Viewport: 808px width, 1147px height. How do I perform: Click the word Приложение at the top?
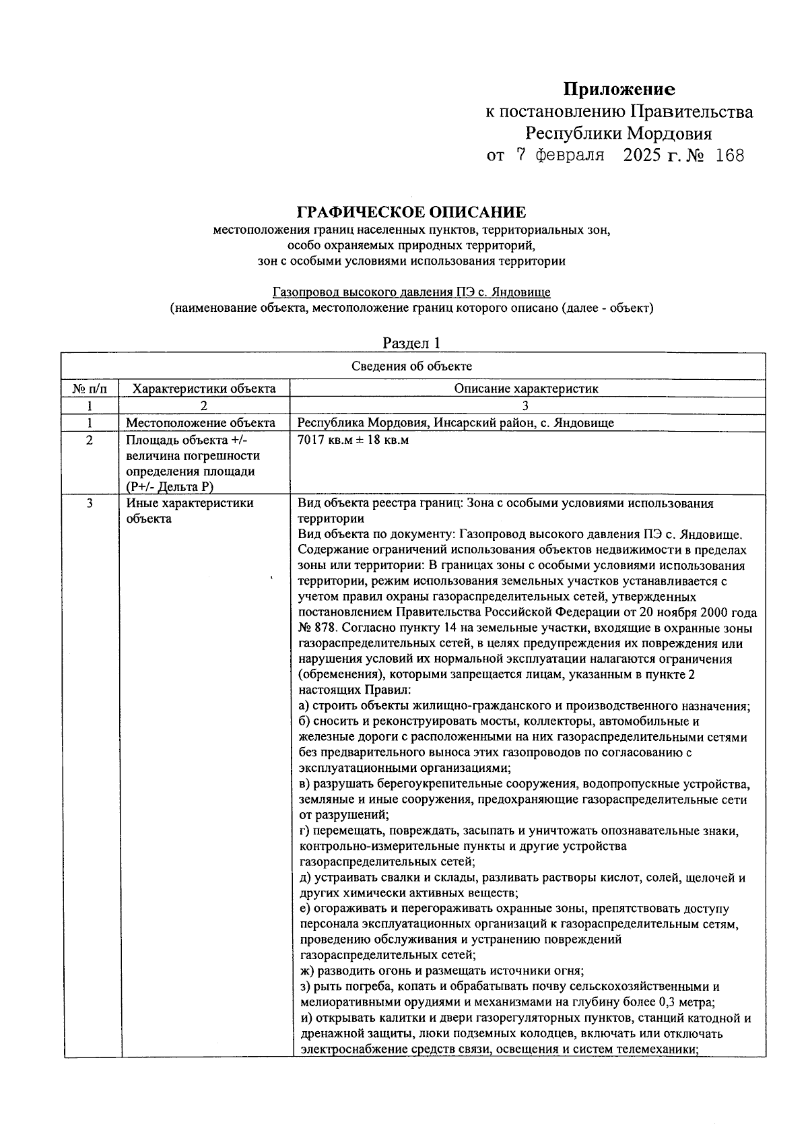tap(619, 89)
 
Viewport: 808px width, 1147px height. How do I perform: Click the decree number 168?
tap(730, 156)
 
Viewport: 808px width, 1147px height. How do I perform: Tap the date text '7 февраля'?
tap(560, 156)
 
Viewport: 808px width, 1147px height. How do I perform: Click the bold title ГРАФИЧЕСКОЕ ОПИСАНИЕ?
tap(411, 212)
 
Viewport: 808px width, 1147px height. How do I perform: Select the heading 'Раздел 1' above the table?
tap(411, 343)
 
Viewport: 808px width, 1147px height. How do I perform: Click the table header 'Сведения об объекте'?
tap(411, 366)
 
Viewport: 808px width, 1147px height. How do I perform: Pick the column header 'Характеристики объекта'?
tap(204, 389)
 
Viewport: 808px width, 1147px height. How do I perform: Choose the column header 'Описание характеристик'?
tap(526, 389)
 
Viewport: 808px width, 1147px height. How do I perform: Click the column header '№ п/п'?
tap(90, 389)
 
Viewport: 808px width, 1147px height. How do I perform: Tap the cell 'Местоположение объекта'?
tap(201, 423)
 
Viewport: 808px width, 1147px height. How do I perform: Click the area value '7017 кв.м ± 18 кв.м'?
tap(353, 440)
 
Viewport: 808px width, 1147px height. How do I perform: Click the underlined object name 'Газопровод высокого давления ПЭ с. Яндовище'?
tap(411, 292)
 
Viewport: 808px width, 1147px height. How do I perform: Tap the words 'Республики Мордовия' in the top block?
tap(618, 133)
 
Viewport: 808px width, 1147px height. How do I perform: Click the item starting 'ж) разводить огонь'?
tap(441, 971)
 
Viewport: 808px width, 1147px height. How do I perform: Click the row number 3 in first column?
tap(90, 503)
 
